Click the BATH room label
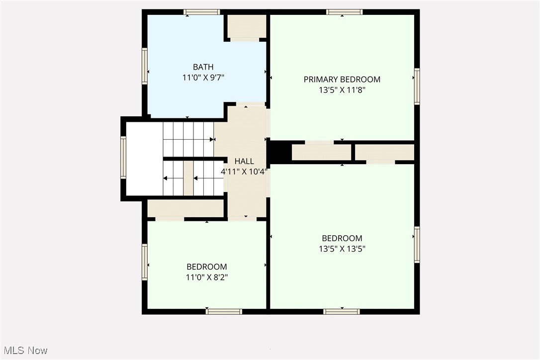pyautogui.click(x=203, y=67)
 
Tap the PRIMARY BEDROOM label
pyautogui.click(x=342, y=80)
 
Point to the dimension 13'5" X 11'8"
pyautogui.click(x=342, y=90)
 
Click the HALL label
pyautogui.click(x=244, y=161)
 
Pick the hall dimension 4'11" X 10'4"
pyautogui.click(x=244, y=172)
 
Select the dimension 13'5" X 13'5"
pyautogui.click(x=342, y=249)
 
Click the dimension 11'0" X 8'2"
pyautogui.click(x=207, y=277)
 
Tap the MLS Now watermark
pyautogui.click(x=24, y=351)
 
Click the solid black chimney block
pyautogui.click(x=279, y=152)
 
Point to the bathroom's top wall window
pyautogui.click(x=202, y=12)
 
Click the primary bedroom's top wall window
pyautogui.click(x=344, y=12)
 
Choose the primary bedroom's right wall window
pyautogui.click(x=417, y=86)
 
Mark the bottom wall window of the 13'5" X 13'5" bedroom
pyautogui.click(x=341, y=312)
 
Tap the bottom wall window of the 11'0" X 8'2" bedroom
pyautogui.click(x=224, y=312)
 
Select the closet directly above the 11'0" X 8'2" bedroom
pyautogui.click(x=185, y=208)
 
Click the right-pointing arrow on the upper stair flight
pyautogui.click(x=211, y=140)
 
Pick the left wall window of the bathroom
pyautogui.click(x=145, y=66)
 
